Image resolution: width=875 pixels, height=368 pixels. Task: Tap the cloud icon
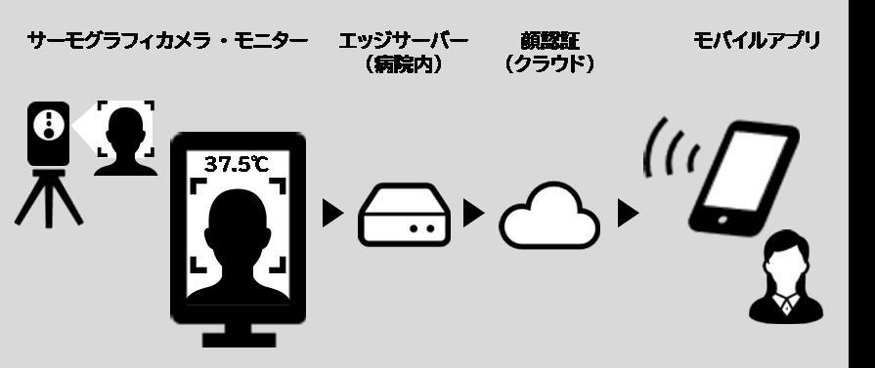[x=548, y=216]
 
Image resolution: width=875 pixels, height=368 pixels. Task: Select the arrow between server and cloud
[x=473, y=214]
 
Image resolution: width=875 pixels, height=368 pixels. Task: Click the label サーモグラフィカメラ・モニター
[x=167, y=41]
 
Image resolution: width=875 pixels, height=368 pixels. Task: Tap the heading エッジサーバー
[x=403, y=41]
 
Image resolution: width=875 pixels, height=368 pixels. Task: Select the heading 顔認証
[x=550, y=41]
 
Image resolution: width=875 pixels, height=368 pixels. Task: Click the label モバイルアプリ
[x=757, y=41]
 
